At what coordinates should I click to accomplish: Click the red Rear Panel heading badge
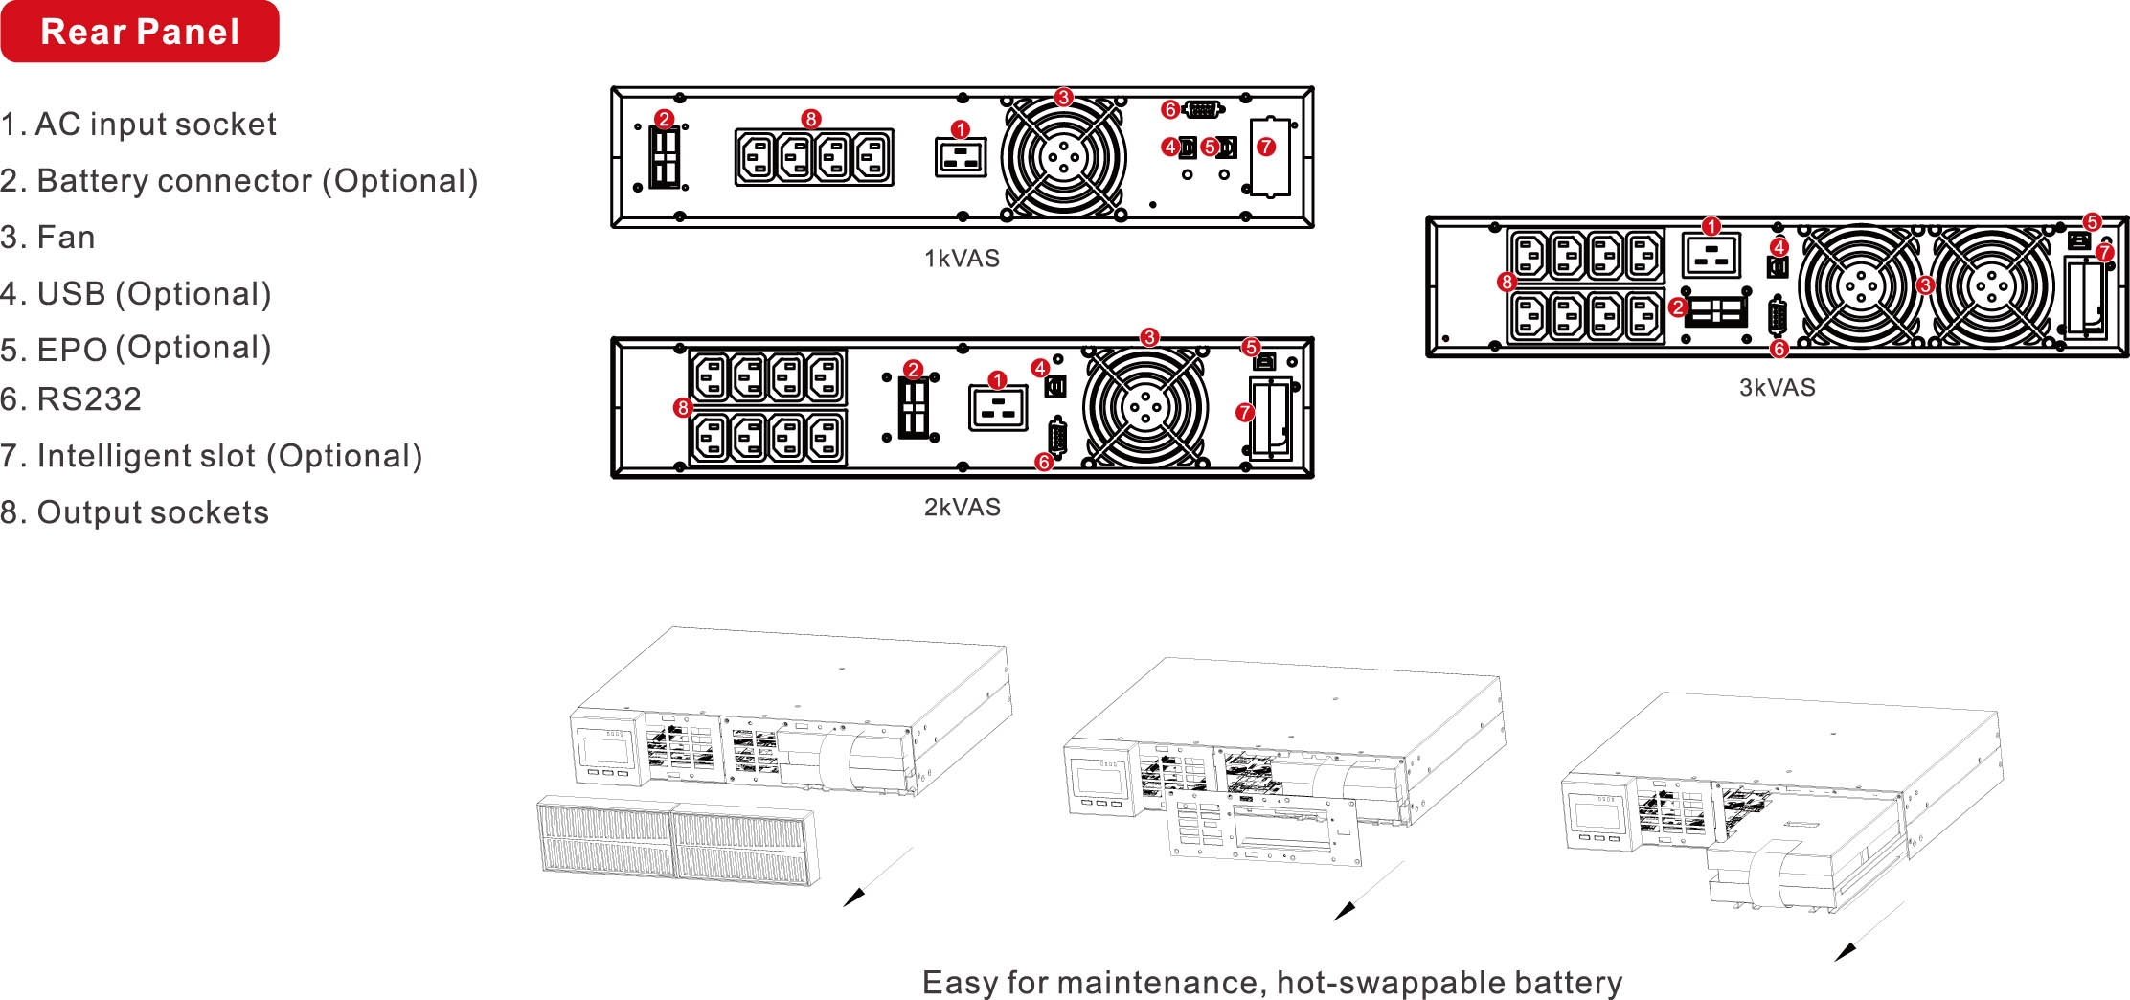140,32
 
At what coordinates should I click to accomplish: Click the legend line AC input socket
139,125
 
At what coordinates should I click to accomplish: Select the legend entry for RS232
71,399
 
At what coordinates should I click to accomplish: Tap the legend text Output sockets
135,513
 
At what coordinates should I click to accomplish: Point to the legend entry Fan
48,238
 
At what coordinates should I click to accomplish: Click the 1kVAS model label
962,259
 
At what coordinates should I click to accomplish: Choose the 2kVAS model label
963,507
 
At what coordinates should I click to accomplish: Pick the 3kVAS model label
1777,388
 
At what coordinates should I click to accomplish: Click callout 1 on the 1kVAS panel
961,129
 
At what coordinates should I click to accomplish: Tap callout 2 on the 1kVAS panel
664,119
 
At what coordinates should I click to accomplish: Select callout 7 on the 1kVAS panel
1266,147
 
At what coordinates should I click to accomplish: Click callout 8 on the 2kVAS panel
683,408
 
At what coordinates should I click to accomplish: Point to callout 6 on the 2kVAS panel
1044,463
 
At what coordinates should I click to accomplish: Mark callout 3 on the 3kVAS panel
1925,285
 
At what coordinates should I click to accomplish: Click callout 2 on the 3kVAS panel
1677,307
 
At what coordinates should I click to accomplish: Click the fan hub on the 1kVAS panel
1062,158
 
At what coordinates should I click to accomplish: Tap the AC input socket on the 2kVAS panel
998,407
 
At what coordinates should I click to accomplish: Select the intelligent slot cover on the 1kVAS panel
1270,157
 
